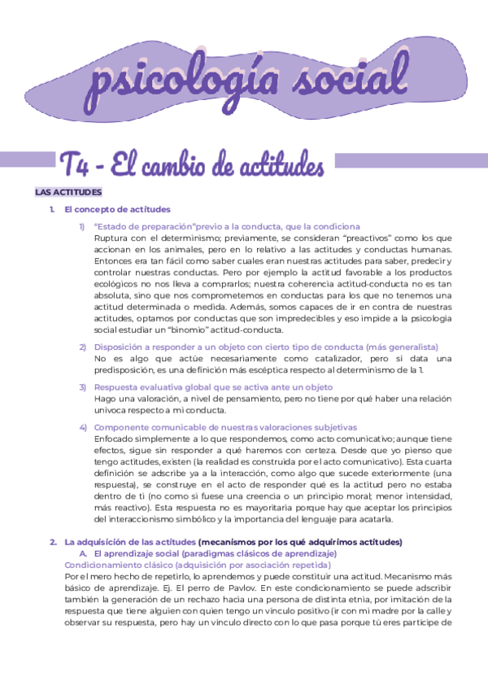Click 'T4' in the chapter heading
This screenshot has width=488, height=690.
[x=78, y=164]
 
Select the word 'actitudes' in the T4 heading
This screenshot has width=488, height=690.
[x=276, y=164]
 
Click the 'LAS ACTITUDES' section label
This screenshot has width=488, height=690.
[x=68, y=193]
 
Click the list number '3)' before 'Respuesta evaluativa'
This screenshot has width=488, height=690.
[x=83, y=387]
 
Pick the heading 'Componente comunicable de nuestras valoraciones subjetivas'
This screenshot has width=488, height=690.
[x=225, y=427]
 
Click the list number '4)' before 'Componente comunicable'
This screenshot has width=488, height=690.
[x=83, y=427]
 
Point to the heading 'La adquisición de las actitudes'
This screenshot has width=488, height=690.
[x=129, y=542]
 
